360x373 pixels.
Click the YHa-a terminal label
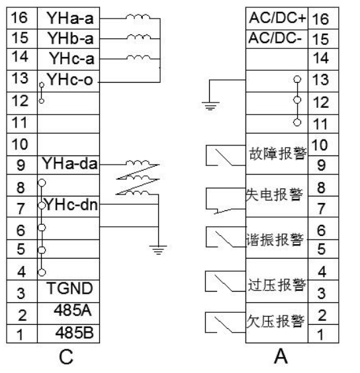70,18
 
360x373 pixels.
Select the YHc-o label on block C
69,79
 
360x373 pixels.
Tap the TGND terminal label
69,288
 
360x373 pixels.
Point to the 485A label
73,310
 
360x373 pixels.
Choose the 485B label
75,332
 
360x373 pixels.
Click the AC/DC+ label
277,18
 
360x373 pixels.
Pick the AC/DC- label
275,38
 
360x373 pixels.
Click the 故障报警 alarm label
278,153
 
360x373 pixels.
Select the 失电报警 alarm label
274,194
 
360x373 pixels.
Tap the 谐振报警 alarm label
275,239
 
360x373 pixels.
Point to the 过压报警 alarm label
277,285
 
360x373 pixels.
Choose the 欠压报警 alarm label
275,321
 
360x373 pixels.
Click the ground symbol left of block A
210,106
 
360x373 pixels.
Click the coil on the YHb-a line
138,36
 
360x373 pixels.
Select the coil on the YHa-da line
138,163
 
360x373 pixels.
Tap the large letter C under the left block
66,357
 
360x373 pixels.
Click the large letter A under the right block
281,356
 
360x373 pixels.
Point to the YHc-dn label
71,204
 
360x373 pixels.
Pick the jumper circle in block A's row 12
297,100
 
